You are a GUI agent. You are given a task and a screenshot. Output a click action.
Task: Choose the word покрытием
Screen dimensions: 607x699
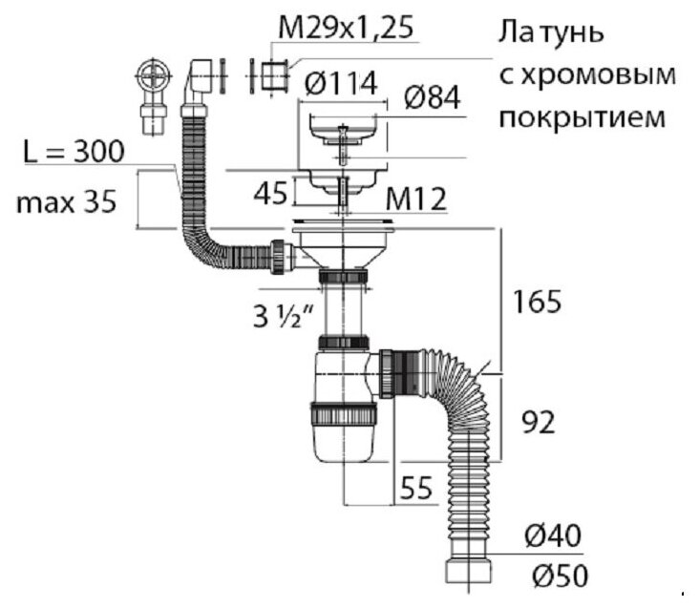pos(579,118)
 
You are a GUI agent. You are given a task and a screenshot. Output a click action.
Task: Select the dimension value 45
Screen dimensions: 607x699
pos(269,194)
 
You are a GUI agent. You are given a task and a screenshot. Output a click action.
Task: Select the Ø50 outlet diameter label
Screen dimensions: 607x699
pos(555,577)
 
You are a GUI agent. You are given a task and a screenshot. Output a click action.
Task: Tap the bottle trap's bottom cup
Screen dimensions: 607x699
pos(343,434)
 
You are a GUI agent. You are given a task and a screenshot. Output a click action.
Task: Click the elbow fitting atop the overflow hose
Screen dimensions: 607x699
pos(199,81)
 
